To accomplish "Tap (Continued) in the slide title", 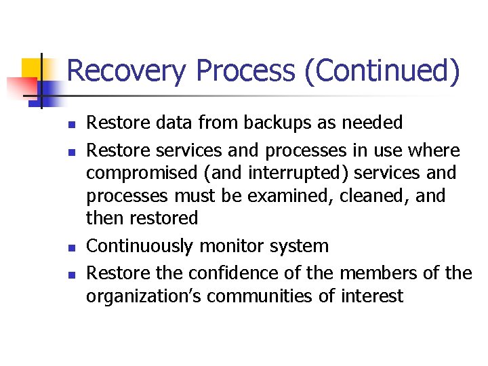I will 382,72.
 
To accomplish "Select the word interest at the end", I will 373,296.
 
